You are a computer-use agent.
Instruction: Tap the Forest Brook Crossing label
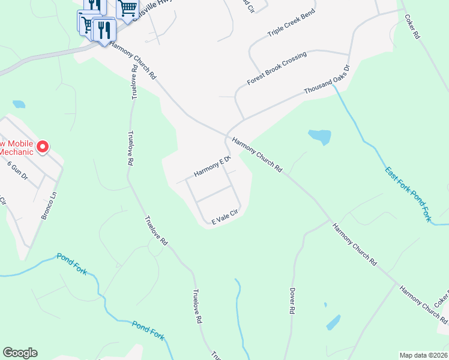(x=276, y=68)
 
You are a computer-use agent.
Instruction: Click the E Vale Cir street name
(x=225, y=217)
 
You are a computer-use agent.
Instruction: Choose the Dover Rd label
(x=293, y=300)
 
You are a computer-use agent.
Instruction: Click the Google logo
(x=20, y=353)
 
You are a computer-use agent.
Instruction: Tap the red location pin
(x=43, y=146)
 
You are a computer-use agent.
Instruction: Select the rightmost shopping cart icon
(x=127, y=9)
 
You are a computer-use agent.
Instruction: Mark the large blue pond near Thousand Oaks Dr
(x=319, y=137)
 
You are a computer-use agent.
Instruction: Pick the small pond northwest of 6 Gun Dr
(x=19, y=104)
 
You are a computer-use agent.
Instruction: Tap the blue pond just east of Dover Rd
(x=334, y=322)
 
